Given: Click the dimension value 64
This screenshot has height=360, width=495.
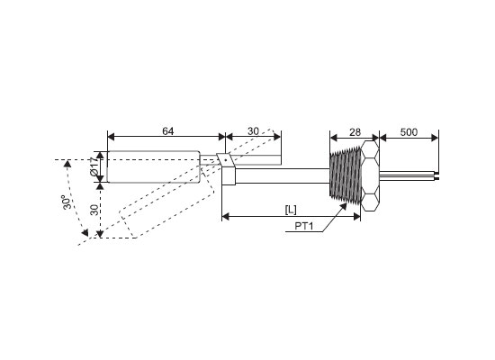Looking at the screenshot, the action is pyautogui.click(x=168, y=131).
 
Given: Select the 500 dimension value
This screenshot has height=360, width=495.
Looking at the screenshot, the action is pyautogui.click(x=409, y=132).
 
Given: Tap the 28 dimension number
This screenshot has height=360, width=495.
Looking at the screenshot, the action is pyautogui.click(x=355, y=132).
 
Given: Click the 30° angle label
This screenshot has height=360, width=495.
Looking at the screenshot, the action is pyautogui.click(x=67, y=202).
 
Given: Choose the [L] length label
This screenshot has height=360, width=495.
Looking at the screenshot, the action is pyautogui.click(x=291, y=209).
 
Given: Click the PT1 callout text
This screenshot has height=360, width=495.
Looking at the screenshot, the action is pyautogui.click(x=303, y=226).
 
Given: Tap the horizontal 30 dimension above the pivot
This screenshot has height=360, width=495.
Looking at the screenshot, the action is pyautogui.click(x=253, y=131).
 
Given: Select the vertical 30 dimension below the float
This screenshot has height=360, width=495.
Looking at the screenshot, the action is pyautogui.click(x=94, y=210).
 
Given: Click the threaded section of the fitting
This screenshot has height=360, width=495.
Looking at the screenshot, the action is pyautogui.click(x=345, y=175).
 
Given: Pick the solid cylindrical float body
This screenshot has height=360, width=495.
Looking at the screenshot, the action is pyautogui.click(x=153, y=166).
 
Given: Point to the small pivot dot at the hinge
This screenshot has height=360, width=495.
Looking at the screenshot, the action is pyautogui.click(x=226, y=160).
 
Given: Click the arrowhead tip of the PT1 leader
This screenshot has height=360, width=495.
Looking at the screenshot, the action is pyautogui.click(x=346, y=203).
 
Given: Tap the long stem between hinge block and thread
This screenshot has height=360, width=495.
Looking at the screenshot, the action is pyautogui.click(x=283, y=175).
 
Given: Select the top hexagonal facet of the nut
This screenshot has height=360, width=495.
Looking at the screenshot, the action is pyautogui.click(x=370, y=149).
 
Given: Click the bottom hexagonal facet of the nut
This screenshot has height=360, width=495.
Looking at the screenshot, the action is pyautogui.click(x=370, y=202).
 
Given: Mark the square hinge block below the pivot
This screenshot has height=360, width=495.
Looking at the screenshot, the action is pyautogui.click(x=229, y=175).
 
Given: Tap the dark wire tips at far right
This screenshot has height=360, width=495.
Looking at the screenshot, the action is pyautogui.click(x=436, y=175).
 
